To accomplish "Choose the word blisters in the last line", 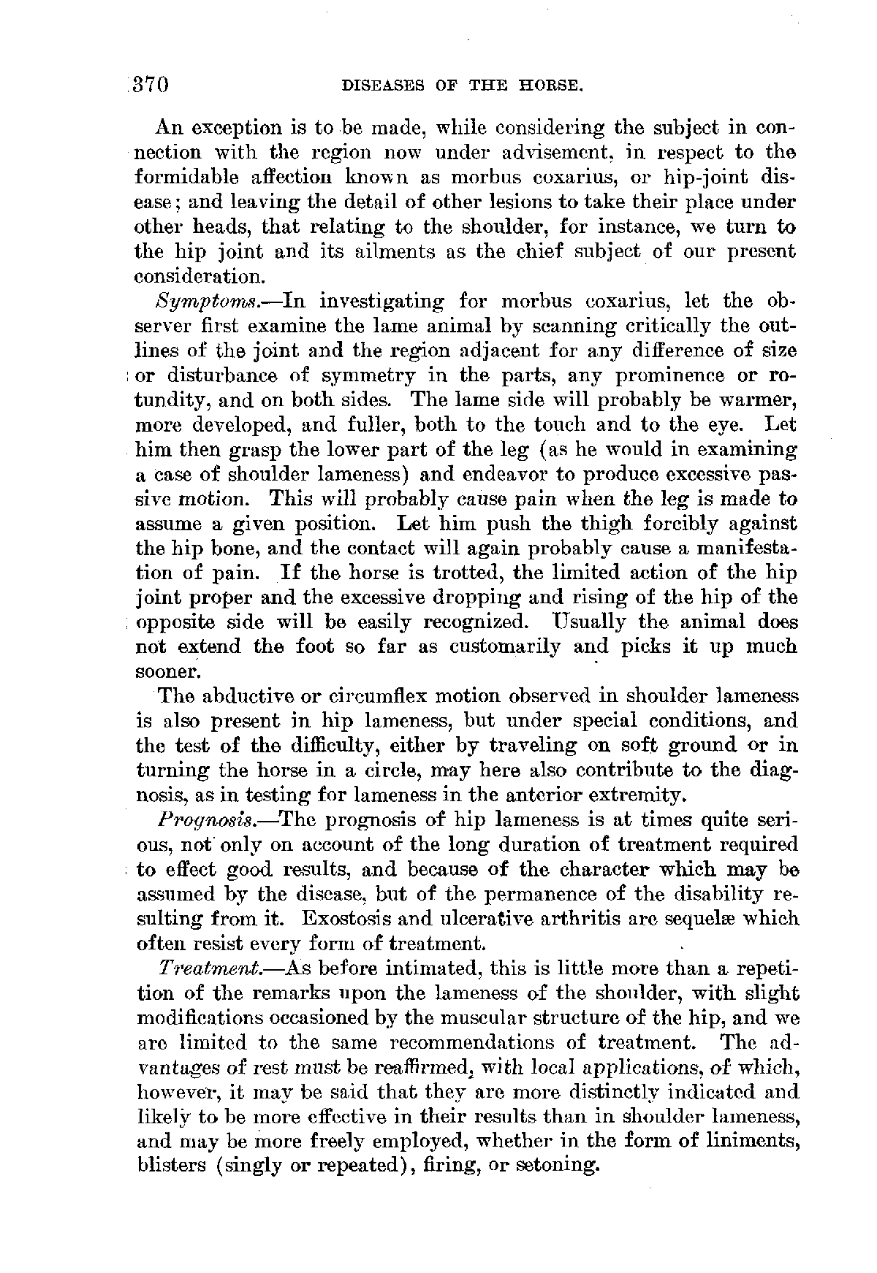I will (172, 1166).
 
